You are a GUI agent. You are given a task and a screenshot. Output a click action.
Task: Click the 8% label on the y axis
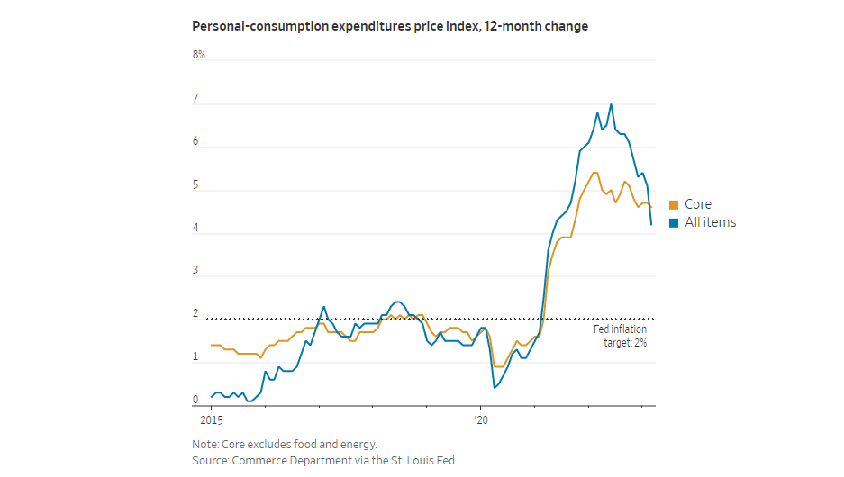click(x=198, y=55)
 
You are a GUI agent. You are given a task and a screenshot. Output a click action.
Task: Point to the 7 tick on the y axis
click(x=195, y=98)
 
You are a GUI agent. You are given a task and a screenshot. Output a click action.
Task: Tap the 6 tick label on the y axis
click(x=195, y=141)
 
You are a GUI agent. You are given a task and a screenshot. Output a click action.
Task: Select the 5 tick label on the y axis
click(x=195, y=184)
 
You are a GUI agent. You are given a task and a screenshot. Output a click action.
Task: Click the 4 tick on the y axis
click(x=195, y=228)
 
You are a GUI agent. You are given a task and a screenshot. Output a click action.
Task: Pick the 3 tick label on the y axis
click(x=195, y=271)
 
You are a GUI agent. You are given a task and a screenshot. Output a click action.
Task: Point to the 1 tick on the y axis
click(x=195, y=357)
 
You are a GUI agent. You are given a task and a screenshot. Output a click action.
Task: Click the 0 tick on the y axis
click(x=195, y=400)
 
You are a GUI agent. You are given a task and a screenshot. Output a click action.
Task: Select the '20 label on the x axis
click(x=479, y=419)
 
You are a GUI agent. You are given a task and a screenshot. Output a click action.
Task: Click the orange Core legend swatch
click(x=674, y=205)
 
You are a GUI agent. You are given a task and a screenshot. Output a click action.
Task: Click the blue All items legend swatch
click(x=674, y=223)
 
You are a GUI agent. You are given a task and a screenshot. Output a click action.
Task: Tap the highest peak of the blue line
click(x=611, y=104)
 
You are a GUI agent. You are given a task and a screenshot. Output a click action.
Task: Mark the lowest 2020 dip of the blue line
click(x=495, y=387)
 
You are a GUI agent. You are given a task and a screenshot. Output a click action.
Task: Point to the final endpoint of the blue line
click(x=651, y=225)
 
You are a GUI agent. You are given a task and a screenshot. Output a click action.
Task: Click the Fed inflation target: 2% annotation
click(x=619, y=336)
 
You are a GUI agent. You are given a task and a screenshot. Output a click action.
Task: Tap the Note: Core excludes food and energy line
click(x=284, y=444)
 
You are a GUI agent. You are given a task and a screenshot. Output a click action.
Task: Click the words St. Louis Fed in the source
click(x=425, y=460)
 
